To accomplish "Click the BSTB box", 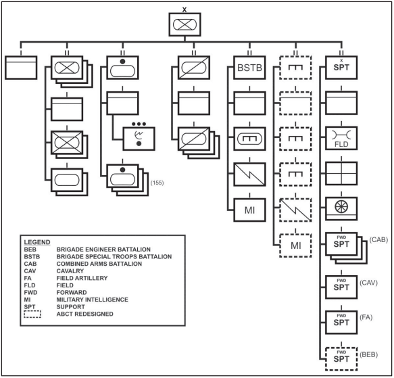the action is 249,68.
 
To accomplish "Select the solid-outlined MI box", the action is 249,210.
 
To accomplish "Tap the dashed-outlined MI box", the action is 295,245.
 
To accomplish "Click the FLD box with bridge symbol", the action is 341,139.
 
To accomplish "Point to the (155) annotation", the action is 157,183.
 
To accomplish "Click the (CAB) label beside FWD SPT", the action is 378,239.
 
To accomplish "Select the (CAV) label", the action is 368,283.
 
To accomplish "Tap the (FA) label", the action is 366,317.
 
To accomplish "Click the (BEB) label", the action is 368,354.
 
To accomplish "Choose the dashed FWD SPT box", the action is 341,359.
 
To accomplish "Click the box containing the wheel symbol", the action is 341,209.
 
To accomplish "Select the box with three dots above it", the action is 139,139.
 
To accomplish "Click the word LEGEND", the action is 37,242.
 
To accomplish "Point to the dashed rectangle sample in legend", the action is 32,314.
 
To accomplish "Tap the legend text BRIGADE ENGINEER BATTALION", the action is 103,250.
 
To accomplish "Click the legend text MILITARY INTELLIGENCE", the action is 92,300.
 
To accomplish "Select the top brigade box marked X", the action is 184,24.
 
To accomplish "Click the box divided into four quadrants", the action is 341,174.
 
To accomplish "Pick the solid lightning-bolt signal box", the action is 249,174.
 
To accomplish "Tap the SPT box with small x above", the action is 341,68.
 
